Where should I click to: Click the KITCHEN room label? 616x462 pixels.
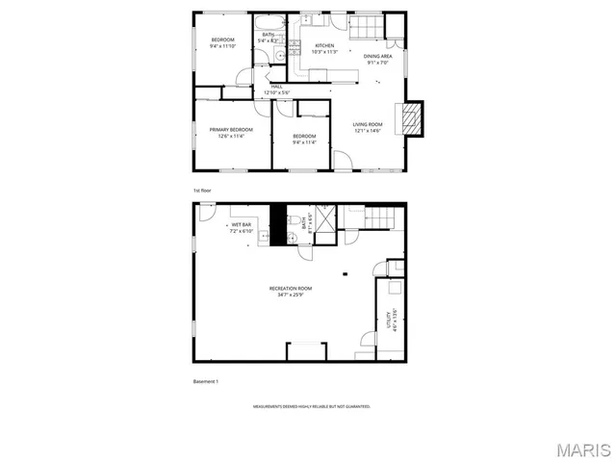pyautogui.click(x=324, y=46)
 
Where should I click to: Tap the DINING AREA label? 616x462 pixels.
pyautogui.click(x=377, y=56)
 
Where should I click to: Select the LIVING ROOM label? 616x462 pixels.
pyautogui.click(x=368, y=124)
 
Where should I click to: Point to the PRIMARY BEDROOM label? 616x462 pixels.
pyautogui.click(x=231, y=129)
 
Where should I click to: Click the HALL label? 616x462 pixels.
pyautogui.click(x=276, y=87)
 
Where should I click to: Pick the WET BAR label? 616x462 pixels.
pyautogui.click(x=241, y=224)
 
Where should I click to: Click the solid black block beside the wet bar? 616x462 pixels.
pyautogui.click(x=278, y=226)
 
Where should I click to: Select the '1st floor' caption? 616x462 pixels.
pyautogui.click(x=202, y=191)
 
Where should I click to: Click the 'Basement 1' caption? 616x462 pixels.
pyautogui.click(x=206, y=382)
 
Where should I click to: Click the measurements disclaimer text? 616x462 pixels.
pyautogui.click(x=312, y=407)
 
